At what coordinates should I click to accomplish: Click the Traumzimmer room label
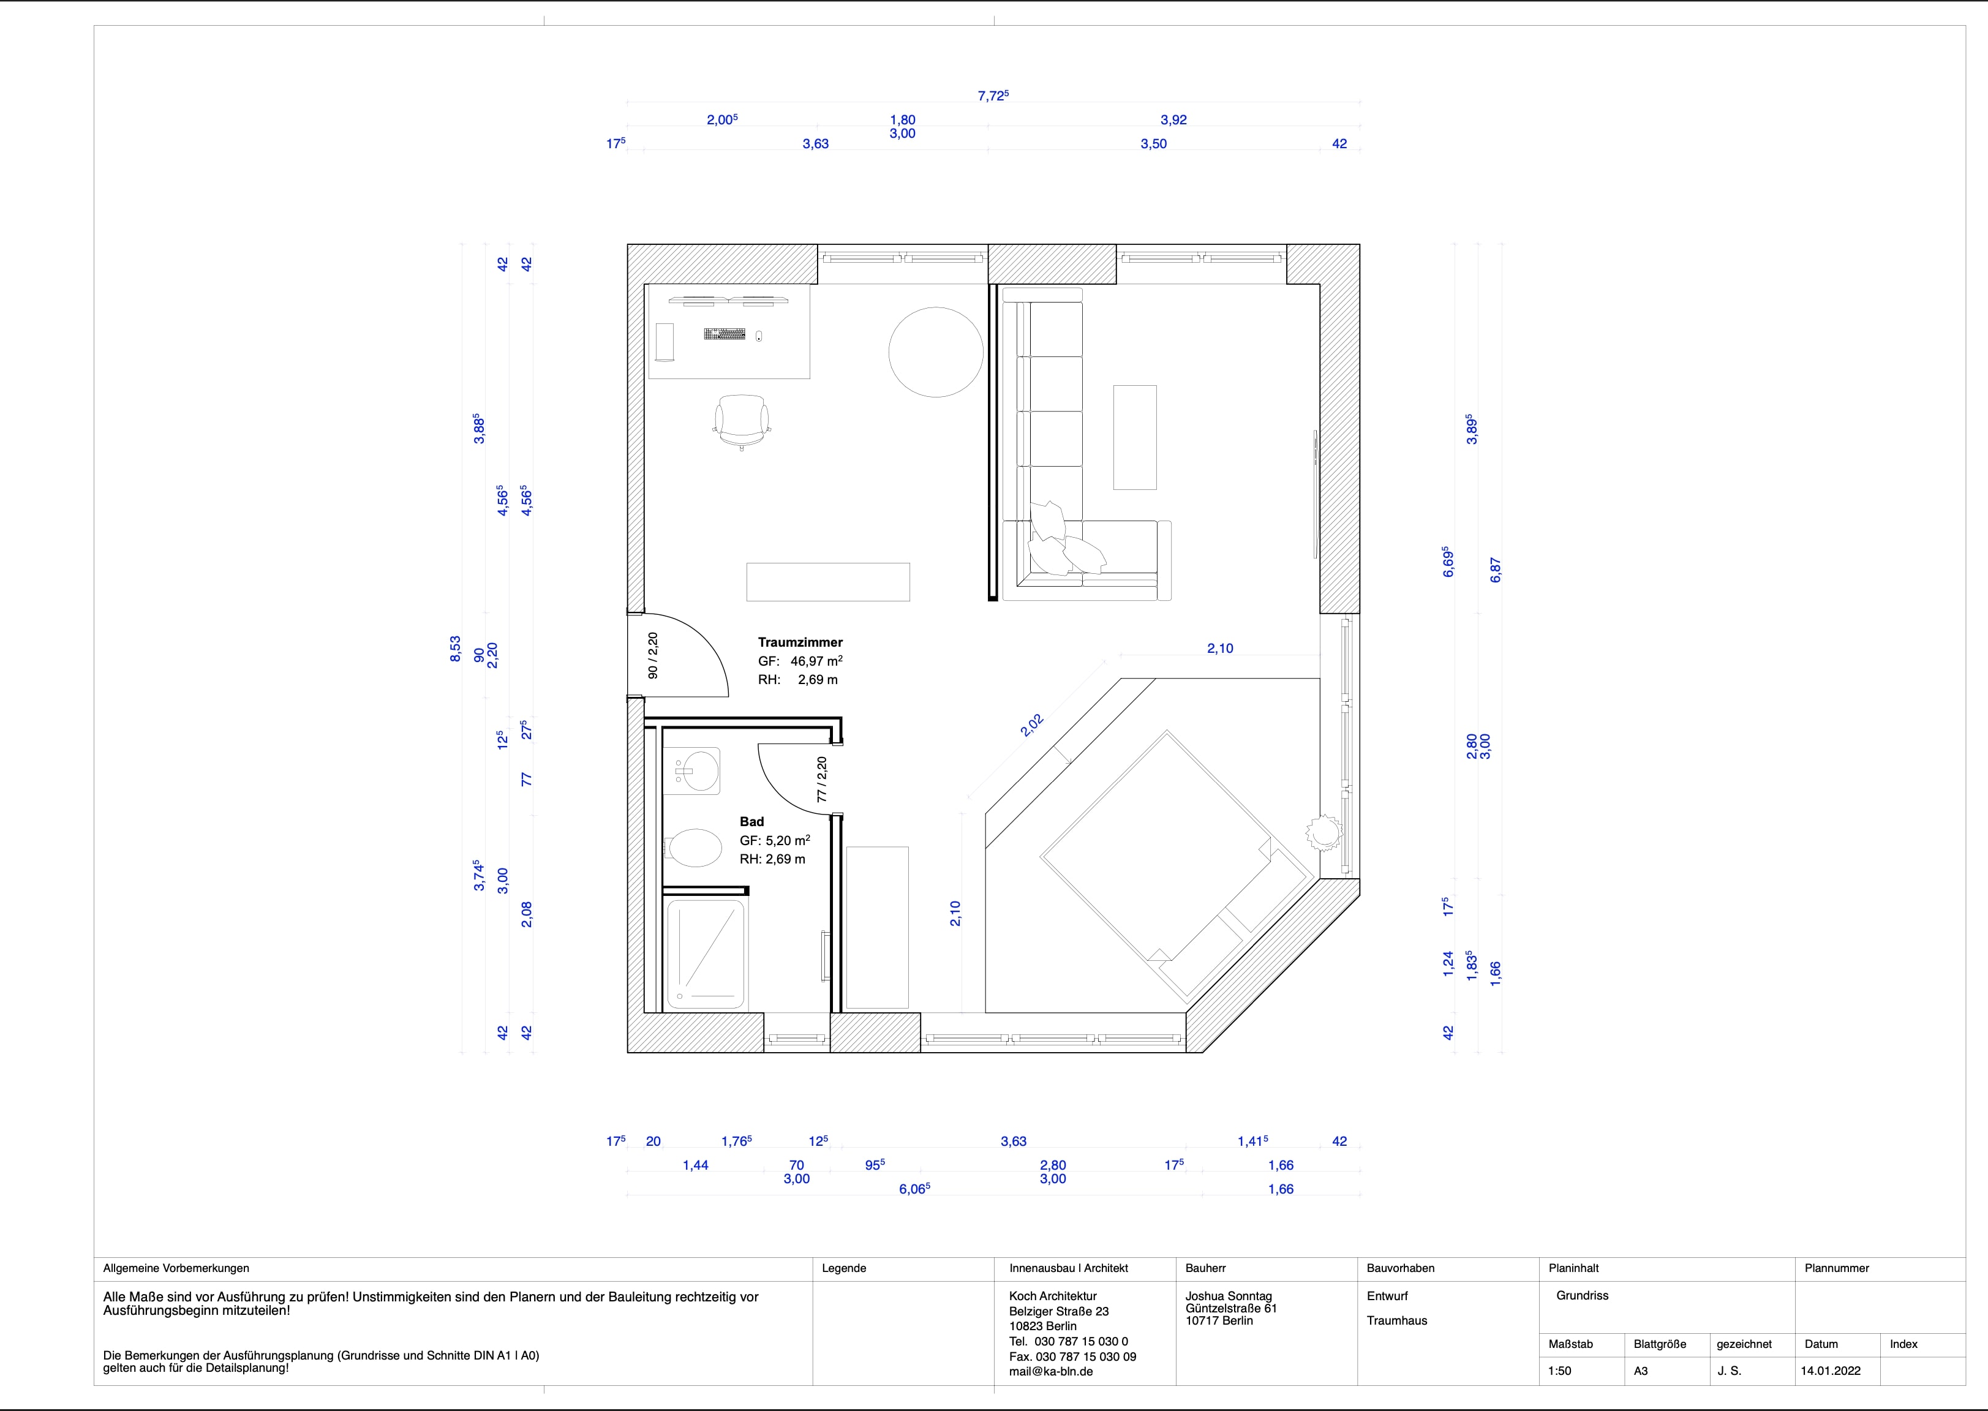[x=800, y=642]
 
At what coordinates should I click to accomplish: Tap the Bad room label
[x=751, y=821]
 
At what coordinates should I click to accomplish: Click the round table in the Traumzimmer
[x=936, y=352]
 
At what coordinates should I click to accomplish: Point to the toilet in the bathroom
[x=693, y=847]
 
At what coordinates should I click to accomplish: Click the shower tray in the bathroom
[x=705, y=954]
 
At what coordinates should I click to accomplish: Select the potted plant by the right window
[x=1324, y=832]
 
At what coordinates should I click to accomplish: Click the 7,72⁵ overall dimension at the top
[x=993, y=96]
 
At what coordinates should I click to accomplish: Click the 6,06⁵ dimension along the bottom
[x=914, y=1189]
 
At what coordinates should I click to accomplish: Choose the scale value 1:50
[x=1560, y=1371]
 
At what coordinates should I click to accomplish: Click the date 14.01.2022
[x=1831, y=1371]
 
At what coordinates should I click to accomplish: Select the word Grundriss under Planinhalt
[x=1582, y=1295]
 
